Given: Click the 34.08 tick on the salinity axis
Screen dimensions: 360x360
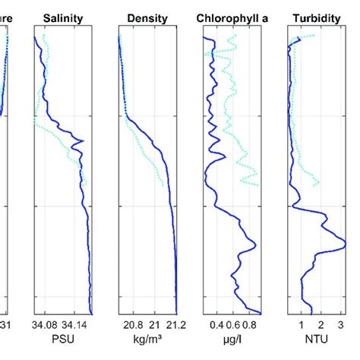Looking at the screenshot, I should (45, 324).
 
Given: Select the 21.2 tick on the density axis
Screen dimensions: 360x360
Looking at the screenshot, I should (175, 324).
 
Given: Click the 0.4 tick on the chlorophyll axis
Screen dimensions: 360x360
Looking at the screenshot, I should (214, 324).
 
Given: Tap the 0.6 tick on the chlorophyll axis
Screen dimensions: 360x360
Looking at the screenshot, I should (232, 324).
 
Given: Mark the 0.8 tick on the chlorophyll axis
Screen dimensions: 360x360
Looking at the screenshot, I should (251, 324).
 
